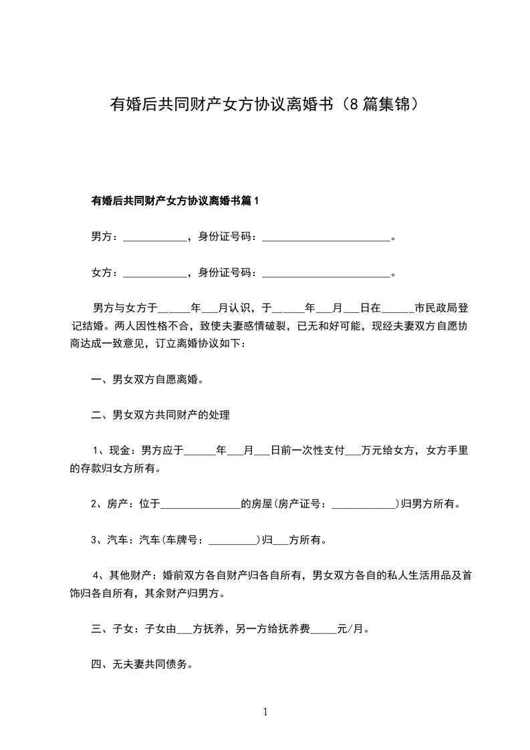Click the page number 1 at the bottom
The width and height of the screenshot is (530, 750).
[265, 712]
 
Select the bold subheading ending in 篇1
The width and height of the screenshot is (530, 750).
[174, 201]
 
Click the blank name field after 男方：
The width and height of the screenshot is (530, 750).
[156, 237]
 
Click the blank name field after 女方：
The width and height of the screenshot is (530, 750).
[156, 273]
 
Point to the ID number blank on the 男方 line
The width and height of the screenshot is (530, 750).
[325, 237]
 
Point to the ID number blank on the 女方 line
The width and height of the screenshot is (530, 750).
[325, 273]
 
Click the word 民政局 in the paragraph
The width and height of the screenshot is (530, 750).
[442, 308]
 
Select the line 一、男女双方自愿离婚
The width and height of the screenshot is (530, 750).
[147, 380]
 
